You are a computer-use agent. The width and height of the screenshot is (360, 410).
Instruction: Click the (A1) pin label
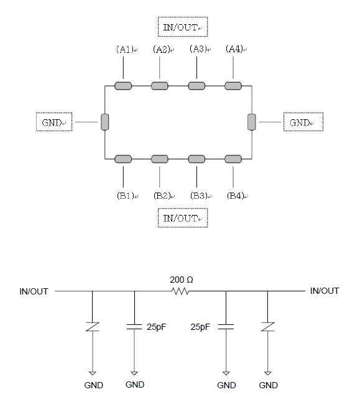click(x=125, y=49)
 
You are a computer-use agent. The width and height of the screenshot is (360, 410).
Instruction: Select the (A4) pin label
click(x=234, y=49)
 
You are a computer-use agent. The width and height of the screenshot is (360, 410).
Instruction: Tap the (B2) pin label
click(x=162, y=196)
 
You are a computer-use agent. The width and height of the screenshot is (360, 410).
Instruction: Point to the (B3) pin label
click(x=199, y=196)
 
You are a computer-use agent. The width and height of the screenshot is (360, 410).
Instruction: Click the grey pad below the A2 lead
click(x=160, y=86)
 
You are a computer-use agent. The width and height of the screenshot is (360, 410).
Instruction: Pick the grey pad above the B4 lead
click(x=233, y=159)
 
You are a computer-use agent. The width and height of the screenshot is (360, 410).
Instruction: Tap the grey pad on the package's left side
click(x=105, y=122)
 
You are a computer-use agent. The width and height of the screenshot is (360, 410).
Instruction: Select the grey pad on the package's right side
click(x=252, y=122)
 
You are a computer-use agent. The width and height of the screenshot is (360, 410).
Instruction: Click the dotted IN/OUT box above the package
click(x=183, y=27)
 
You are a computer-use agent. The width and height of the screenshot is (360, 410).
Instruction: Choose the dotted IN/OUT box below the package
click(x=183, y=218)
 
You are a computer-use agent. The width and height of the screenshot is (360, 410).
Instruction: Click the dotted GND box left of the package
click(x=54, y=122)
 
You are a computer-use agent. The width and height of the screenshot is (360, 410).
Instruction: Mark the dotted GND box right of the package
click(x=303, y=122)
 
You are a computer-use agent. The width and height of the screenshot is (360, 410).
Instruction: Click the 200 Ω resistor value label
click(x=182, y=280)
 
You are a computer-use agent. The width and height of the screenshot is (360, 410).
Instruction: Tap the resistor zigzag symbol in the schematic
click(x=180, y=291)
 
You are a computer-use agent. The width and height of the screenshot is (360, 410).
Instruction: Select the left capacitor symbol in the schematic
click(x=134, y=327)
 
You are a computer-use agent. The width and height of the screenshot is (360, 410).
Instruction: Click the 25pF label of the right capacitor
click(x=200, y=327)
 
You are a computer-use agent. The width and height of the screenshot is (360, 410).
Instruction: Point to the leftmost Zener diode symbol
click(x=93, y=327)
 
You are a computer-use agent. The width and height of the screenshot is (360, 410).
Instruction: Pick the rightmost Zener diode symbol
click(x=267, y=327)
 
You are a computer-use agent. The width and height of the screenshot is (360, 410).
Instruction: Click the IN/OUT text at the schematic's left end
click(x=34, y=291)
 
